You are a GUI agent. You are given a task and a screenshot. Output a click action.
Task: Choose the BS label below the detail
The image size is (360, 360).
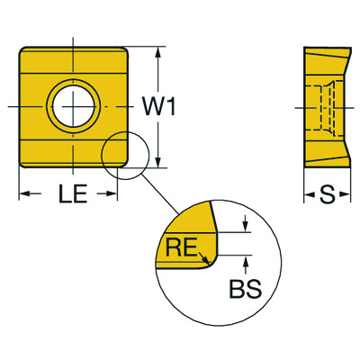point(246,290)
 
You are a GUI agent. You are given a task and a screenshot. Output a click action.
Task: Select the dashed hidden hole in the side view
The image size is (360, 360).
point(324,106)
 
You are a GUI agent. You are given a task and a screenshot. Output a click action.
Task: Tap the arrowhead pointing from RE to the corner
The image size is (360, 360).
point(206,262)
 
